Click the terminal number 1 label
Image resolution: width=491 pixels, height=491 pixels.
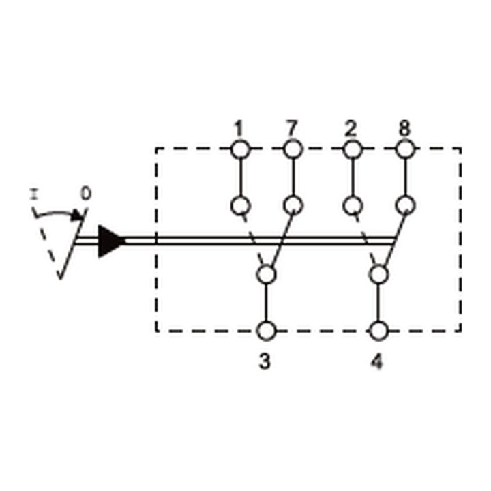click(239, 129)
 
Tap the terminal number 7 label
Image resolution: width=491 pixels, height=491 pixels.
click(291, 128)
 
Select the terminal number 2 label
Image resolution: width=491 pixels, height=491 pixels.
click(351, 129)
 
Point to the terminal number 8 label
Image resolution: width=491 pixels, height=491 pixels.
click(404, 128)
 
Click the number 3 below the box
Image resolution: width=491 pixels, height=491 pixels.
click(265, 361)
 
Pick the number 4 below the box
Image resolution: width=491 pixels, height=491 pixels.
click(377, 361)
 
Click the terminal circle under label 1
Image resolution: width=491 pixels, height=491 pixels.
click(241, 149)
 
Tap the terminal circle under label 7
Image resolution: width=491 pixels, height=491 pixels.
click(293, 149)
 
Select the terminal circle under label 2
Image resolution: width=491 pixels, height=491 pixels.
click(353, 149)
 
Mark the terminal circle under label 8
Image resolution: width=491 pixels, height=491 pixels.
click(406, 149)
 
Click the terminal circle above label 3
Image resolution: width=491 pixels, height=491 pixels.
click(266, 331)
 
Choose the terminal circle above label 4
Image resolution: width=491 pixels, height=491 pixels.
click(379, 331)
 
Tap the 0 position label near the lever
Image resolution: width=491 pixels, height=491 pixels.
click(86, 193)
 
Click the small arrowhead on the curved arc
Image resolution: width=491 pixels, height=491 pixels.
click(77, 215)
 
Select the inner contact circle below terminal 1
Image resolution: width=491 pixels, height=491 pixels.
click(241, 206)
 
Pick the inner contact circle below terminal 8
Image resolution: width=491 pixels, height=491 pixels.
click(406, 205)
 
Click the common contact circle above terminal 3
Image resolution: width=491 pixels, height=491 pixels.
click(266, 275)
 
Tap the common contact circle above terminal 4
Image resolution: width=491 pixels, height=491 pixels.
click(379, 275)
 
